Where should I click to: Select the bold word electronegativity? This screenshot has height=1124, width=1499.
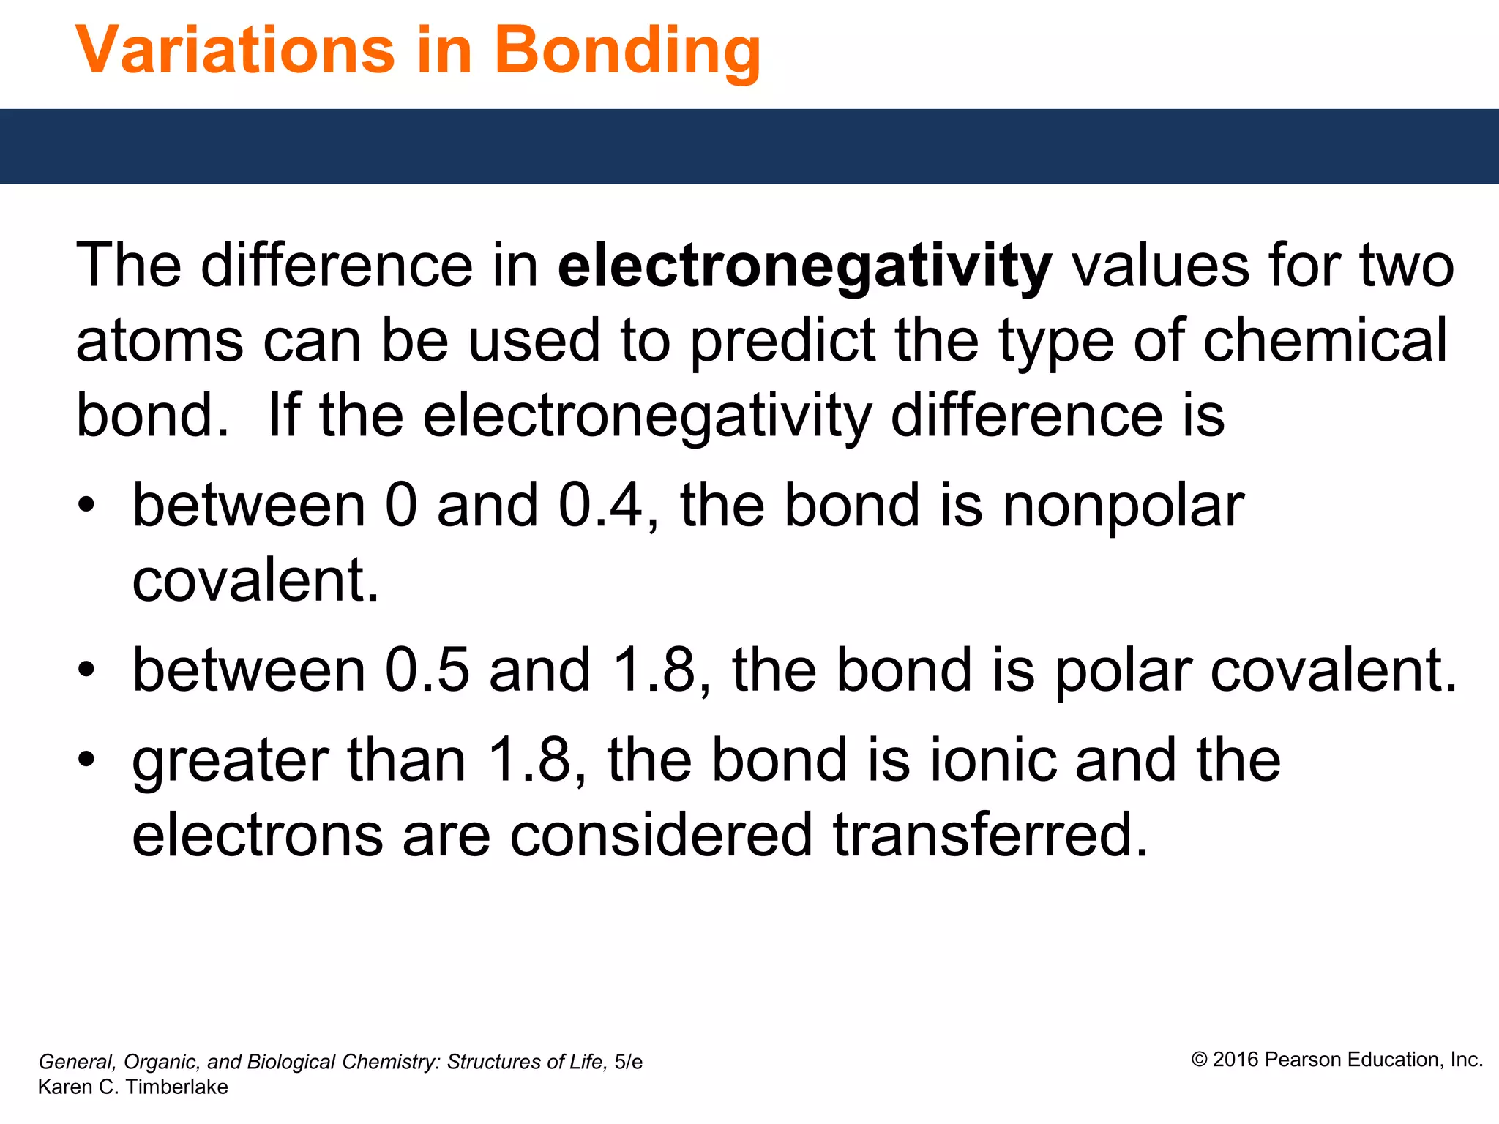tap(804, 266)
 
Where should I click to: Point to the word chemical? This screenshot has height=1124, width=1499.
tap(1325, 340)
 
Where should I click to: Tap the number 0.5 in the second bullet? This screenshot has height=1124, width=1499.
tap(427, 670)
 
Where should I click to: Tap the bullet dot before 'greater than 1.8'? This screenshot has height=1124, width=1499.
tap(87, 759)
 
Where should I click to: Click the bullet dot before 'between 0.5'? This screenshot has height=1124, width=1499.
tap(87, 668)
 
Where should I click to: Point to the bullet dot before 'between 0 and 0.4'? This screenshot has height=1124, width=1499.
tap(87, 504)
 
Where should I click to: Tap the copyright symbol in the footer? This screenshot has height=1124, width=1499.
tap(1199, 1060)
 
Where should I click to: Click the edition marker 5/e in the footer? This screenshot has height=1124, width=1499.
tap(628, 1062)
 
